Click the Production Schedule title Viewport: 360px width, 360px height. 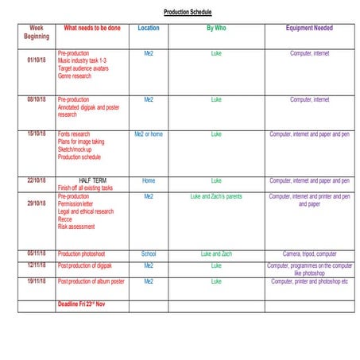click(188, 13)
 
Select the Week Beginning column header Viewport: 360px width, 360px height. click(37, 32)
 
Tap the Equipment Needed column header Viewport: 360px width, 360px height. click(309, 28)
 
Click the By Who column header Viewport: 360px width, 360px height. click(216, 28)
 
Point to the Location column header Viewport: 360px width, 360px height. click(149, 28)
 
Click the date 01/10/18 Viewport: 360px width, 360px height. click(37, 60)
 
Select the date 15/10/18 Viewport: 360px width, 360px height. click(37, 134)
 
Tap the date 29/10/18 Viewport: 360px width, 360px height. click(37, 203)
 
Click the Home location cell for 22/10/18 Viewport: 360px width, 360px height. click(149, 180)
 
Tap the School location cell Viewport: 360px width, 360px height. click(149, 254)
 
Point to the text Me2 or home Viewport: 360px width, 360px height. click(149, 134)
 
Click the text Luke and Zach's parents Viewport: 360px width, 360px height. click(216, 195)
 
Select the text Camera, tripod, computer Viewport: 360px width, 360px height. click(309, 254)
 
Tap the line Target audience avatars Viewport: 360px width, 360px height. click(83, 68)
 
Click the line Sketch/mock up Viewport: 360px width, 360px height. click(75, 149)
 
